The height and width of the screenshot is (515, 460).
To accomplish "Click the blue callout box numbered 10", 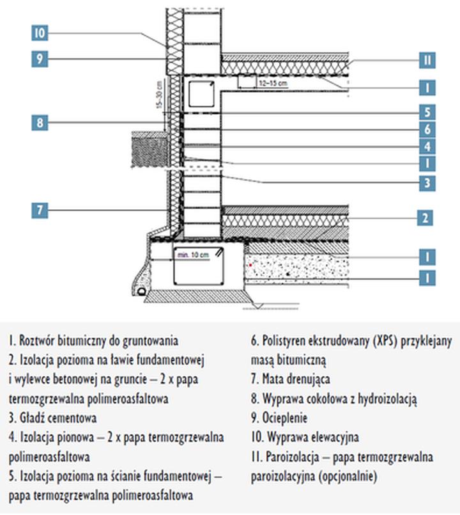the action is (40, 33).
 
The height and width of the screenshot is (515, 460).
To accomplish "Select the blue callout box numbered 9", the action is (40, 59).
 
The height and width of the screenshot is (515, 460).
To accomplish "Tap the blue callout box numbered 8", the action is (40, 122).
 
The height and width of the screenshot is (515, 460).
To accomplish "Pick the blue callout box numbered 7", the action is (40, 210).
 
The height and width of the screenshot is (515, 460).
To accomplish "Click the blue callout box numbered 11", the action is (427, 60).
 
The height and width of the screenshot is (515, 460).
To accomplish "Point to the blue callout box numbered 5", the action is (427, 112).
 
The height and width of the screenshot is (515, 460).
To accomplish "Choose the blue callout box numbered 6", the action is (427, 129).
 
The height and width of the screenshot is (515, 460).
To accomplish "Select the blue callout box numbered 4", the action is (427, 147).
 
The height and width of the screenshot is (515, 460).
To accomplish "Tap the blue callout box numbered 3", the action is (427, 183).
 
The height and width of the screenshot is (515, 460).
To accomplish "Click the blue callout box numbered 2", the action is (425, 218).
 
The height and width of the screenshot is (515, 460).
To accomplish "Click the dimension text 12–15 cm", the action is (273, 83).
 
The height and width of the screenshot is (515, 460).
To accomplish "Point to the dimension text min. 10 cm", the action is (193, 255).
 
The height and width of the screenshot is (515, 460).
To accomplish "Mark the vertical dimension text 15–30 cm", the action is (159, 95).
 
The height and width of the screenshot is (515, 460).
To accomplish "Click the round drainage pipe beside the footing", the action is (142, 291).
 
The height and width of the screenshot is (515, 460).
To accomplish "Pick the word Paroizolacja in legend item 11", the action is (293, 457).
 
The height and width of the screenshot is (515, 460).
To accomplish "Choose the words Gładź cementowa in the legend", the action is (58, 418).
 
